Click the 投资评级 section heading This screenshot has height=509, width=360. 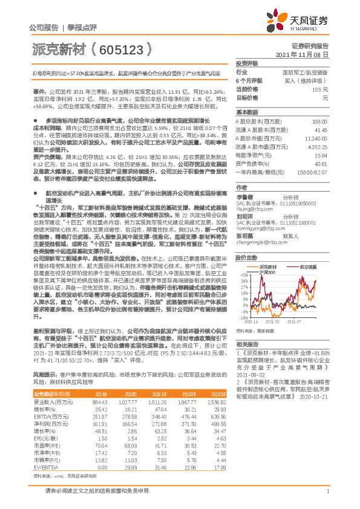tap(247, 63)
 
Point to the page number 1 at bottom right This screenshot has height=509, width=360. tap(327, 498)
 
